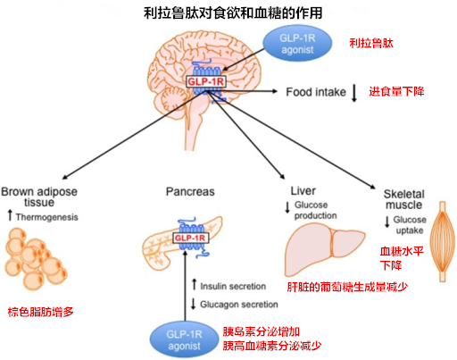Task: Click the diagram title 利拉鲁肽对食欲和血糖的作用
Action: [x=233, y=13]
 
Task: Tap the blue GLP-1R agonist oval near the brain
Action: [x=297, y=44]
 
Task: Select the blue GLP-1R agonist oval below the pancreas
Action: [x=184, y=339]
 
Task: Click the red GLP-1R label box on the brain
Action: [x=205, y=81]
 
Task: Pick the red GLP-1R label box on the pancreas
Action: [x=191, y=238]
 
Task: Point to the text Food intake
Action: [x=316, y=92]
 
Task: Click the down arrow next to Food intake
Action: [x=354, y=93]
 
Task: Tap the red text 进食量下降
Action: [x=396, y=91]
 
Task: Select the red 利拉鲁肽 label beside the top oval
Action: [x=371, y=43]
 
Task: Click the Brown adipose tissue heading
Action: [x=39, y=197]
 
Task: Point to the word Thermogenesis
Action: [x=47, y=217]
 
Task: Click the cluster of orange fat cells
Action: [x=36, y=259]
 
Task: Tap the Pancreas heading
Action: [x=190, y=191]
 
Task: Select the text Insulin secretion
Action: [x=233, y=286]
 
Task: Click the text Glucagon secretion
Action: [x=239, y=305]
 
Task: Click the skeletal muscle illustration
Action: [x=443, y=241]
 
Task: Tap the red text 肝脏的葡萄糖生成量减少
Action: [x=347, y=287]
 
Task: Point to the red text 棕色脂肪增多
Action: [x=40, y=312]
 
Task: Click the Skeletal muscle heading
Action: [x=403, y=199]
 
